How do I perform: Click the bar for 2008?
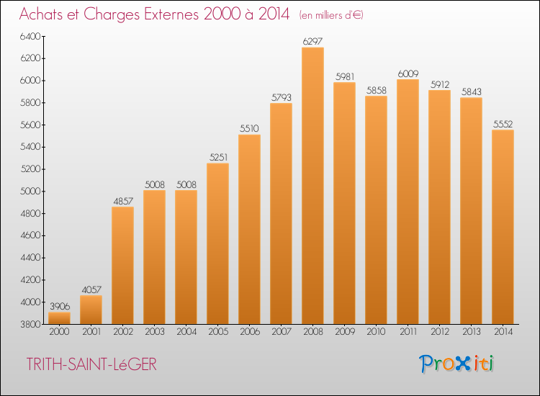pos(312,186)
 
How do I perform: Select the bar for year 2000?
pos(59,318)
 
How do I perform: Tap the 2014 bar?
pos(503,227)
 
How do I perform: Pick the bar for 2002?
pos(122,266)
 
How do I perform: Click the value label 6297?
pos(312,41)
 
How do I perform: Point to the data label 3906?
pos(60,306)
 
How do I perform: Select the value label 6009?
pos(408,73)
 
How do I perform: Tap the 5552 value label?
pos(503,124)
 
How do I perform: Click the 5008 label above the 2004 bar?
pos(186,184)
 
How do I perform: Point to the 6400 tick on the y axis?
pos(30,36)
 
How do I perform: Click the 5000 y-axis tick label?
pos(30,191)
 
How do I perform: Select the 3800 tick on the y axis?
pos(30,325)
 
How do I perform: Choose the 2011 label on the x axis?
pos(408,332)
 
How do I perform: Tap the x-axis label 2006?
pos(250,332)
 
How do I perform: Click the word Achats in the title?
pos(41,14)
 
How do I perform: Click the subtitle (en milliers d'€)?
pos(331,15)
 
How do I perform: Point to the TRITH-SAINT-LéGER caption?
pos(91,364)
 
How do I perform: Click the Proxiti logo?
pos(456,364)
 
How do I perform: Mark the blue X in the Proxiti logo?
pos(462,364)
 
